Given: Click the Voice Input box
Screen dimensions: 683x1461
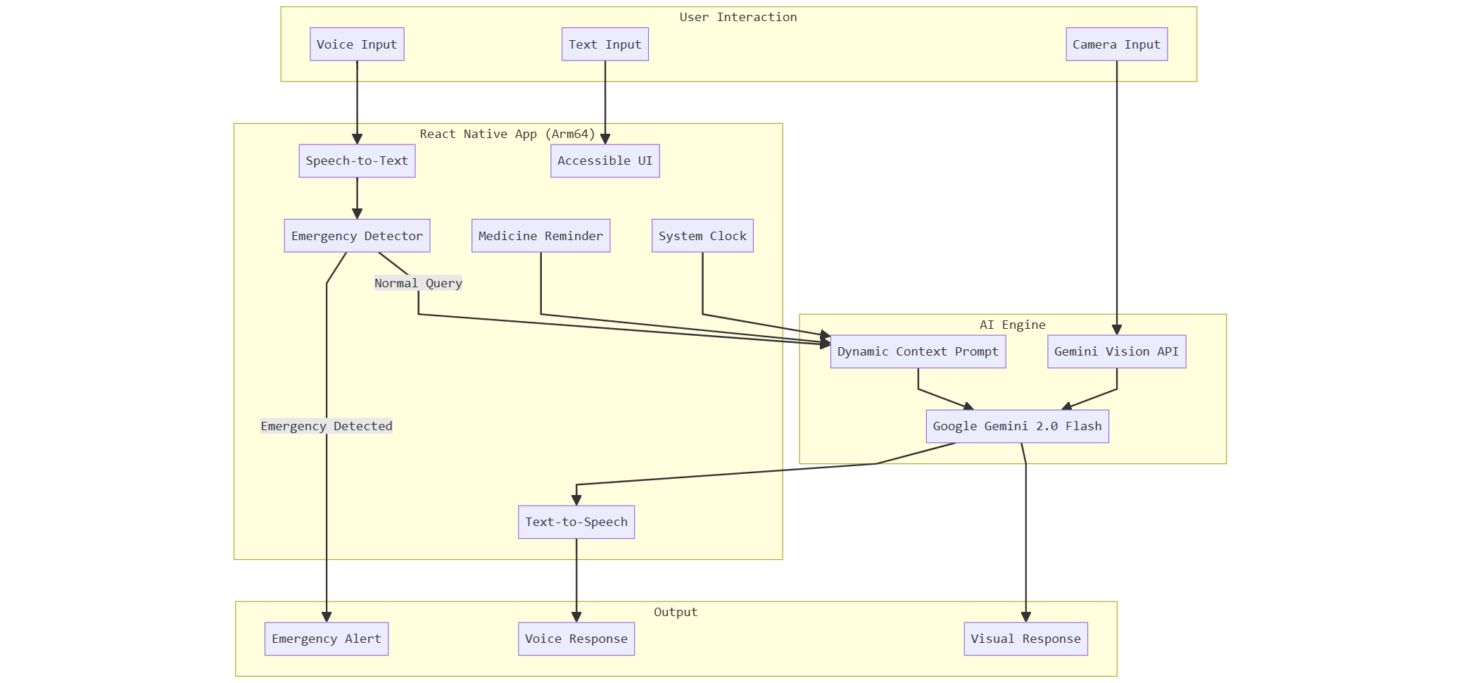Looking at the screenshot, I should tap(357, 44).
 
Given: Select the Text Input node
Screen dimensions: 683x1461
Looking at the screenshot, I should tap(605, 44).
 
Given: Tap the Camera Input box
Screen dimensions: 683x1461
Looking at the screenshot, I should tap(1116, 44).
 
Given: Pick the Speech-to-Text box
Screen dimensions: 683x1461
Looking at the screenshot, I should tap(357, 161).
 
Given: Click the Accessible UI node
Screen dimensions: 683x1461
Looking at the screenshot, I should tap(605, 161).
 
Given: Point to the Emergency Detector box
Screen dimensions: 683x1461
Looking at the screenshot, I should tap(357, 236).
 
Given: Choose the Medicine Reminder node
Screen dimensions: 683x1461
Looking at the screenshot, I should tap(540, 236).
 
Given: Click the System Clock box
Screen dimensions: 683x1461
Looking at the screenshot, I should tap(702, 236).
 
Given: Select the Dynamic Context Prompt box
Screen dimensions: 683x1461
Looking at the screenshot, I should tap(918, 351).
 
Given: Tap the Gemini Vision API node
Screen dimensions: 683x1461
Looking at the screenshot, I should tap(1116, 351).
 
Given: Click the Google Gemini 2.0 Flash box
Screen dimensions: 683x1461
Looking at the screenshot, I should tap(1017, 426).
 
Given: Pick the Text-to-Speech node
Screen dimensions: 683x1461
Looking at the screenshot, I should tap(576, 522).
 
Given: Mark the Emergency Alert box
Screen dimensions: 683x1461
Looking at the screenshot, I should tap(327, 639).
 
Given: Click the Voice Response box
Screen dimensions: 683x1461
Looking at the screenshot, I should tap(576, 639).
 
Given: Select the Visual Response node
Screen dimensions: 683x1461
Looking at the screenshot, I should tap(1025, 639).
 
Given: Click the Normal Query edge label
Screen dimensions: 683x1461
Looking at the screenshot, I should tap(418, 283).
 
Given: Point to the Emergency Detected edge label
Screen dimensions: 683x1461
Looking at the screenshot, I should tap(327, 426).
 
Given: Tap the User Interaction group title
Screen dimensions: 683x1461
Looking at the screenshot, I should tap(738, 17).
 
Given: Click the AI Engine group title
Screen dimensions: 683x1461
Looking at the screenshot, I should tap(1012, 325).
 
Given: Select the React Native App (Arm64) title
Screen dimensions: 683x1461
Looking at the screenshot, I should tap(507, 134).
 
